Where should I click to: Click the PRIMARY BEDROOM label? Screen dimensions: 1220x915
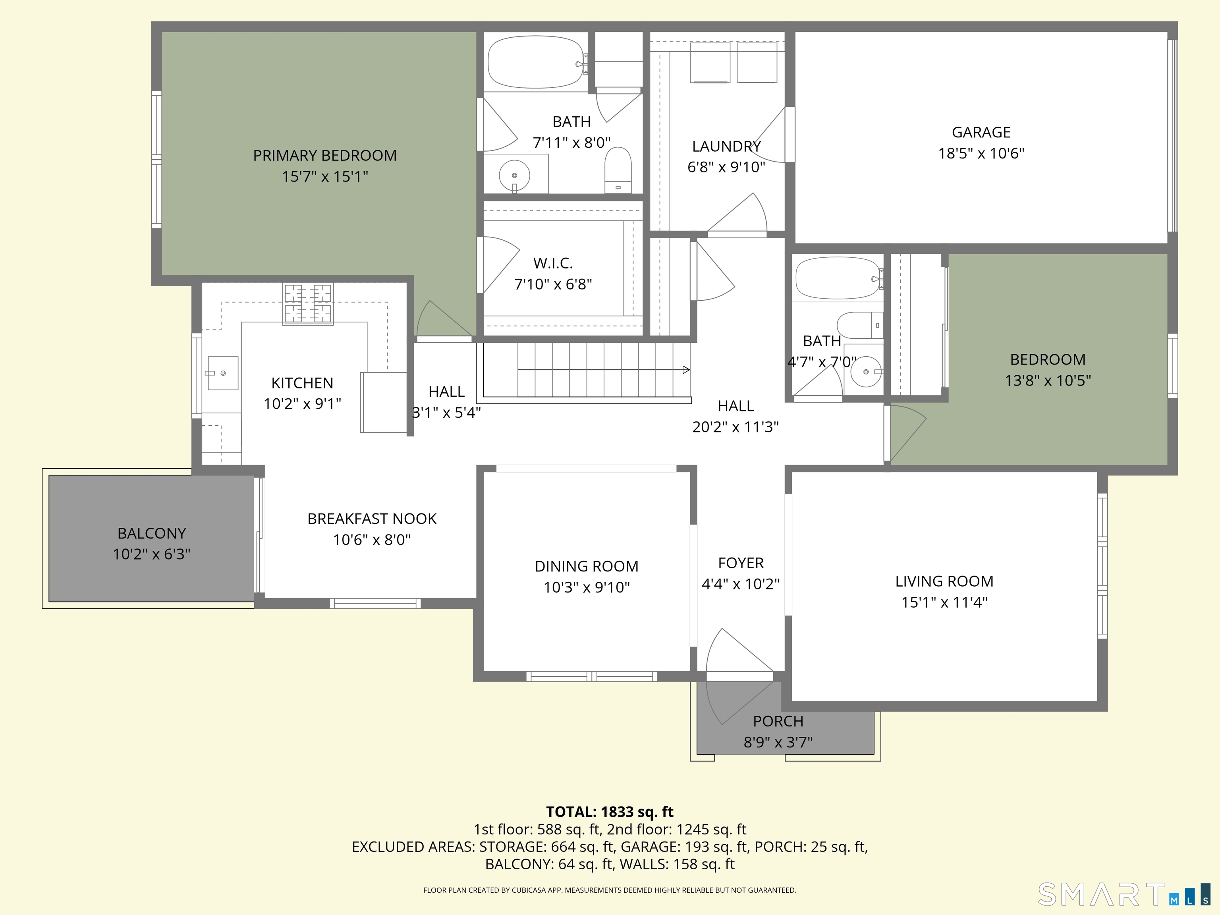pyautogui.click(x=325, y=156)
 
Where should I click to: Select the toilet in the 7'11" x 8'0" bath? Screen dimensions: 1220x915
pyautogui.click(x=618, y=170)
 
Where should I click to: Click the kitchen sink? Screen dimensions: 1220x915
pyautogui.click(x=223, y=373)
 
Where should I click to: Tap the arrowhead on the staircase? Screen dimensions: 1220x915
pyautogui.click(x=686, y=369)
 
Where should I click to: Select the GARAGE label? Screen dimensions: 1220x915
pyautogui.click(x=981, y=132)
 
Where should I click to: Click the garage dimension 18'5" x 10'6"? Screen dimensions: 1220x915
pyautogui.click(x=981, y=153)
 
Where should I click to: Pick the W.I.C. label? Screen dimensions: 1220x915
pyautogui.click(x=553, y=263)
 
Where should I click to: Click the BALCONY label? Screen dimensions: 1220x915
pyautogui.click(x=152, y=533)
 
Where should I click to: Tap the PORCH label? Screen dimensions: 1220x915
pyautogui.click(x=778, y=722)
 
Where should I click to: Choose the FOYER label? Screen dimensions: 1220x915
pyautogui.click(x=741, y=563)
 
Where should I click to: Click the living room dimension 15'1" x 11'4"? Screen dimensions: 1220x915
pyautogui.click(x=944, y=602)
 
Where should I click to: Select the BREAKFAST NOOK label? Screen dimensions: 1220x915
pyautogui.click(x=372, y=519)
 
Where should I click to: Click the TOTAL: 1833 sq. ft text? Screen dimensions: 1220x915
pyautogui.click(x=610, y=812)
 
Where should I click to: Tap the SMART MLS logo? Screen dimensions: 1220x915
pyautogui.click(x=1124, y=894)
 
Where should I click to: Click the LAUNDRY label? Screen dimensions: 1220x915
pyautogui.click(x=726, y=147)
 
